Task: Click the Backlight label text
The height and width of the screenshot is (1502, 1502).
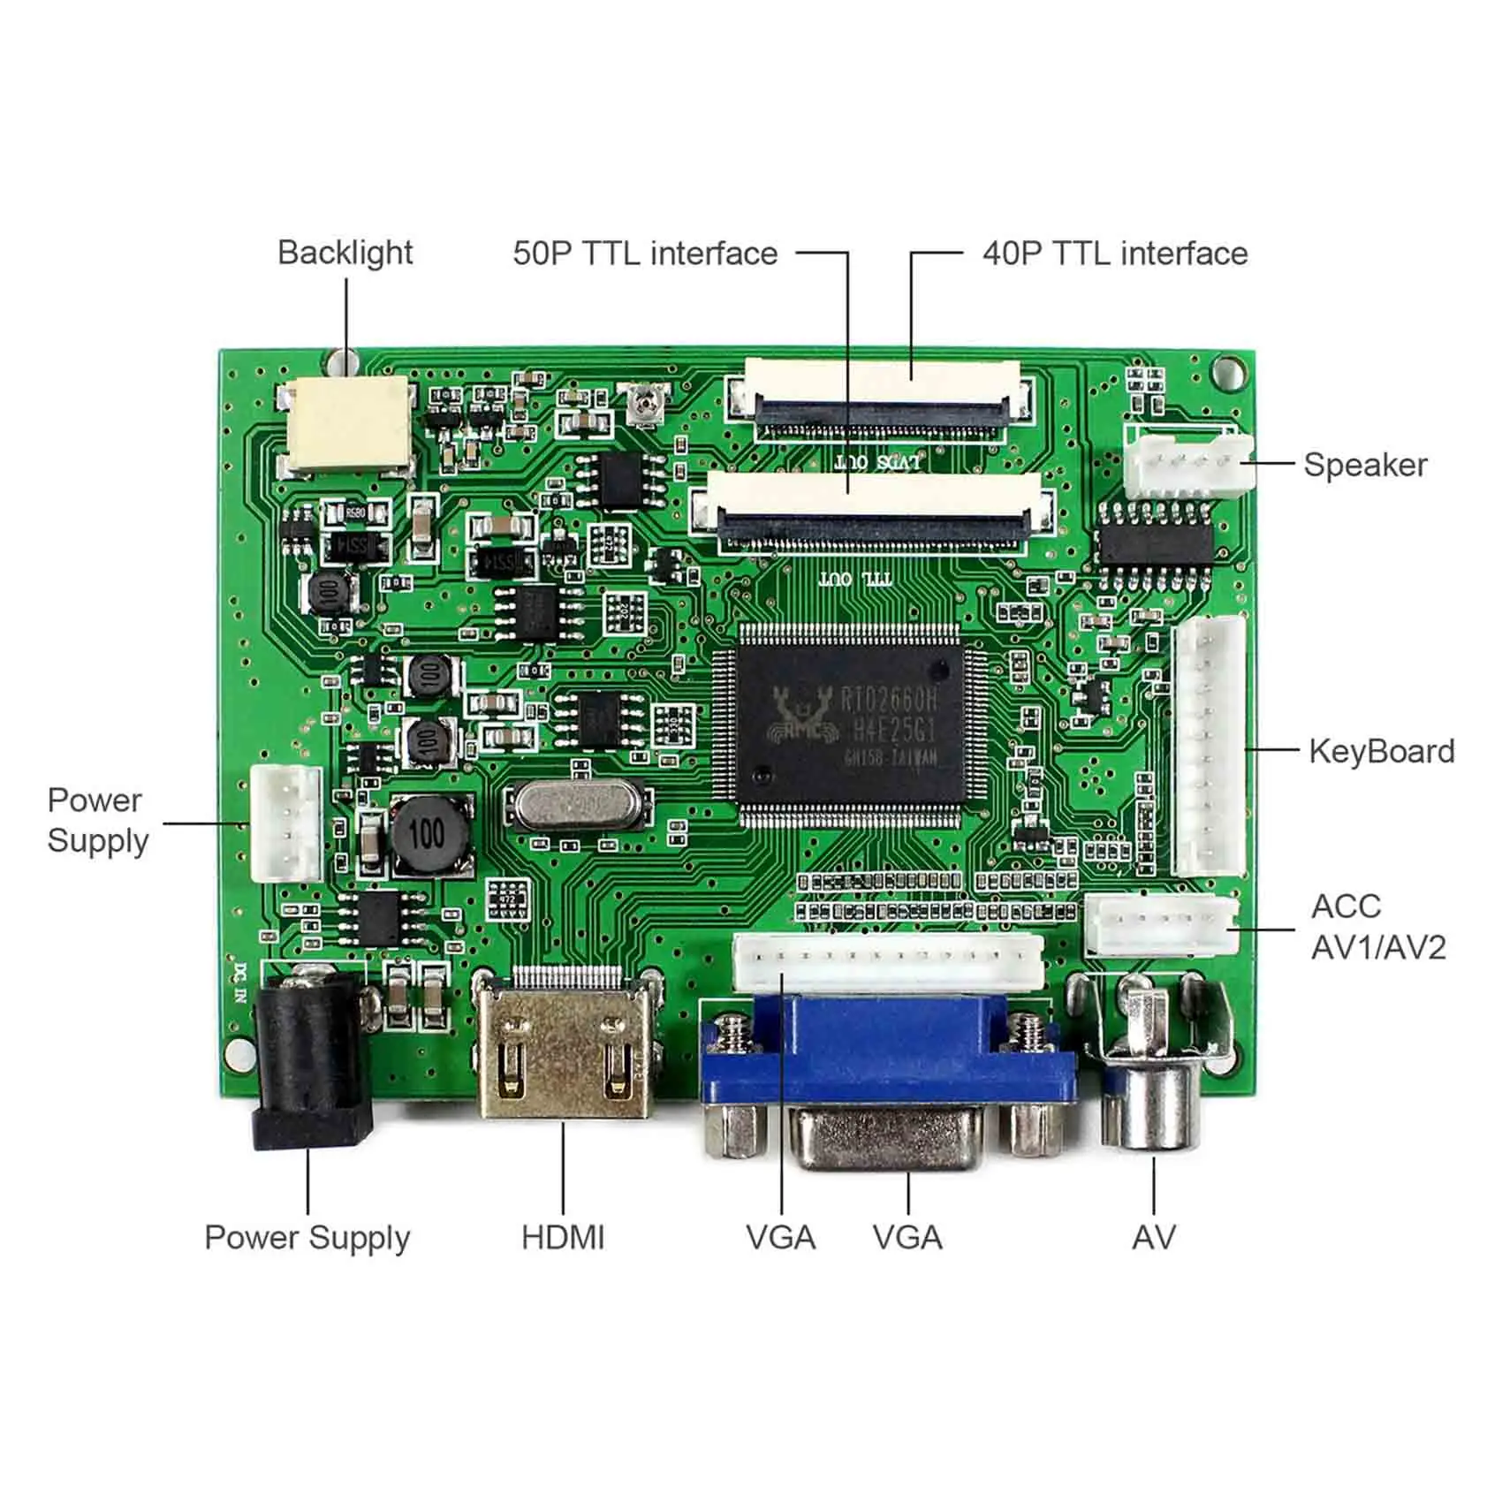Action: pyautogui.click(x=345, y=253)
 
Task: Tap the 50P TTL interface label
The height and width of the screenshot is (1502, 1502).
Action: pyautogui.click(x=645, y=254)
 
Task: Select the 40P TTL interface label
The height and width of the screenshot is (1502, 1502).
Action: pyautogui.click(x=1115, y=254)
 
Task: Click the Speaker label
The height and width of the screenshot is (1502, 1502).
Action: pyautogui.click(x=1365, y=465)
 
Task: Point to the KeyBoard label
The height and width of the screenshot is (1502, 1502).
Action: pyautogui.click(x=1381, y=751)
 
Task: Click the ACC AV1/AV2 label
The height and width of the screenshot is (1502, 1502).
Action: pyautogui.click(x=1377, y=927)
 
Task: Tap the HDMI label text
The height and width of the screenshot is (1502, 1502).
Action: pyautogui.click(x=563, y=1237)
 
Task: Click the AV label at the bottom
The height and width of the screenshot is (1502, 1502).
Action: pyautogui.click(x=1153, y=1237)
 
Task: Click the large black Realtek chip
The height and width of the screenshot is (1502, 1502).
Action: pyautogui.click(x=851, y=724)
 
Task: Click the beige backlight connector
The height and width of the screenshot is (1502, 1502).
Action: pyautogui.click(x=348, y=425)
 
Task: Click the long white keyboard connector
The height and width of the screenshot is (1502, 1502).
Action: pyautogui.click(x=1209, y=747)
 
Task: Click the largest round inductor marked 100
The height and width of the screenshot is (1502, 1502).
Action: pyautogui.click(x=429, y=834)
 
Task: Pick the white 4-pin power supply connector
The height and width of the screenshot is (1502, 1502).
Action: pyautogui.click(x=286, y=823)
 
